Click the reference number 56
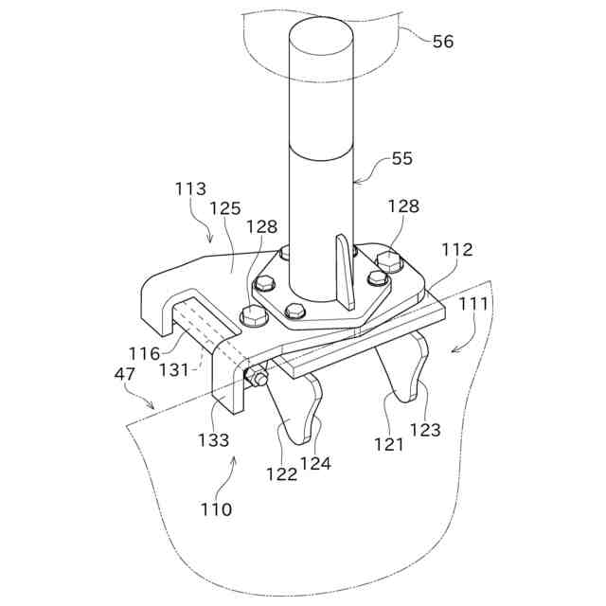(442, 42)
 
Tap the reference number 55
(402, 159)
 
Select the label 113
(190, 189)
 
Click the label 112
(458, 250)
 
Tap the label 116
(145, 353)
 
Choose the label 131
(173, 370)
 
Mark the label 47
(124, 374)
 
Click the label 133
(214, 439)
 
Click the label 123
(426, 429)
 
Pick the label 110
(216, 509)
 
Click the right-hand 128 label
(402, 206)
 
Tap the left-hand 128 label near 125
(262, 227)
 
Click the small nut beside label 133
(258, 378)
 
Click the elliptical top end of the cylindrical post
(321, 37)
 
